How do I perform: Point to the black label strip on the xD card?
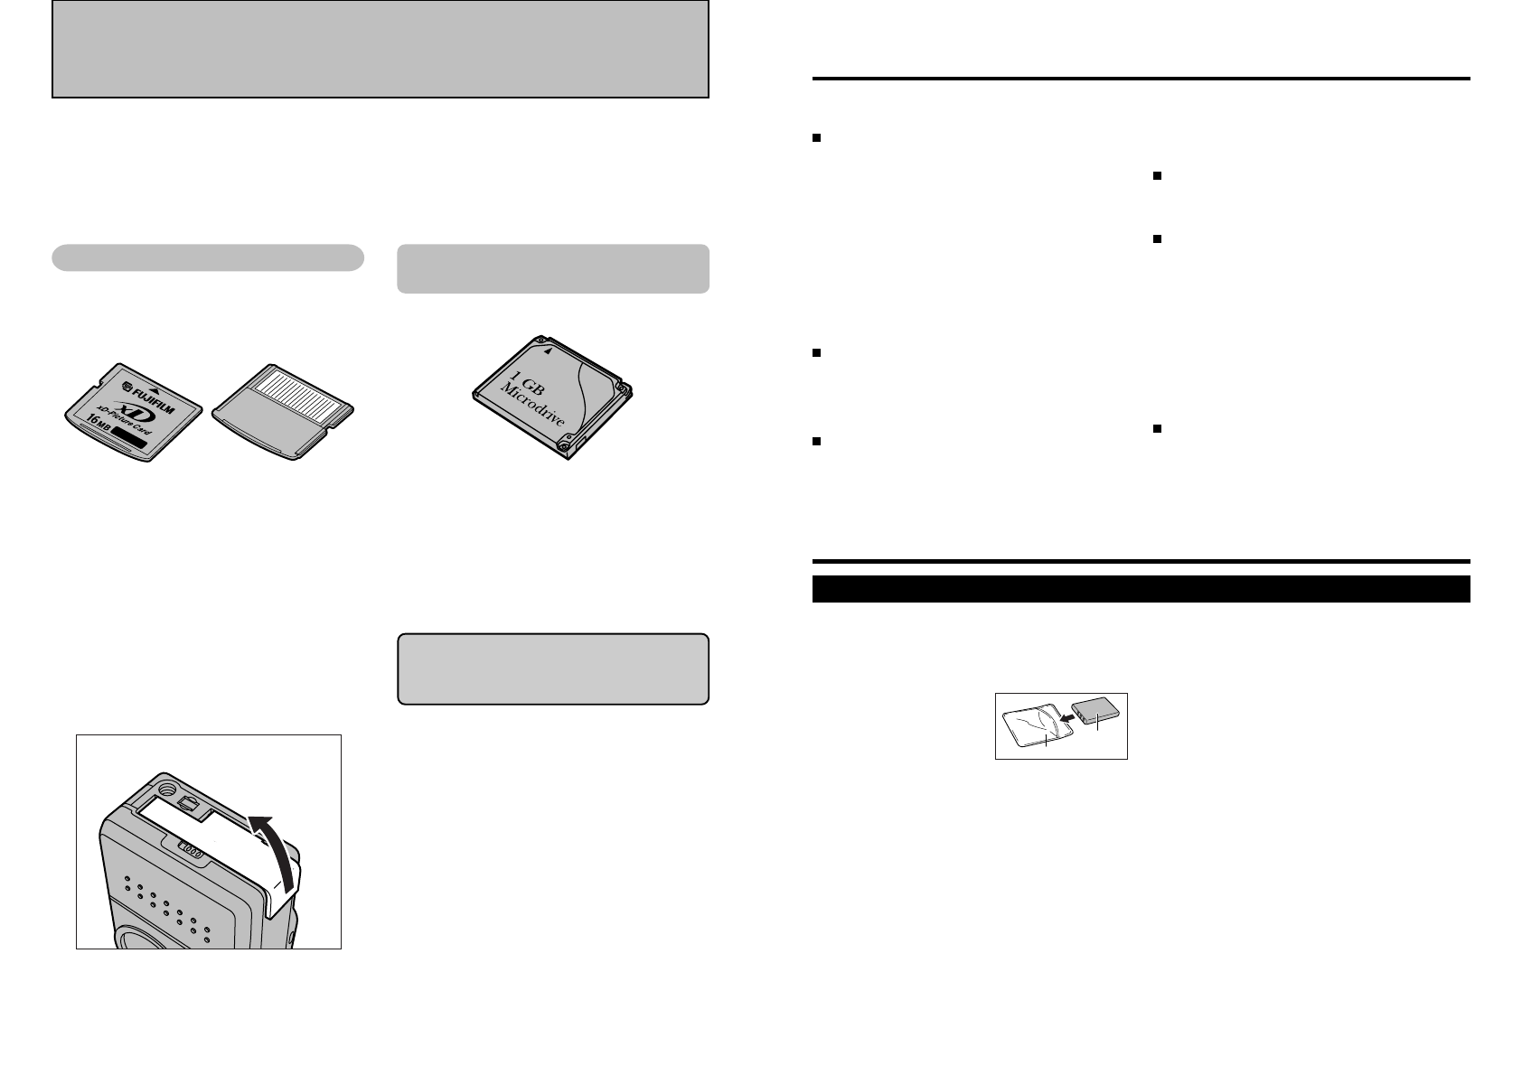click(x=133, y=441)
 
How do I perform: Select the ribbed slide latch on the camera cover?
click(x=190, y=848)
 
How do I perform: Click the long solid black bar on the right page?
click(x=1141, y=589)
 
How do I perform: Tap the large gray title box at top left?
click(x=380, y=49)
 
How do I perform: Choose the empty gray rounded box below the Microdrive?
click(x=552, y=668)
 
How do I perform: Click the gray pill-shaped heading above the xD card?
click(x=208, y=257)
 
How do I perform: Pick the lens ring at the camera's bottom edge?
click(x=145, y=940)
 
